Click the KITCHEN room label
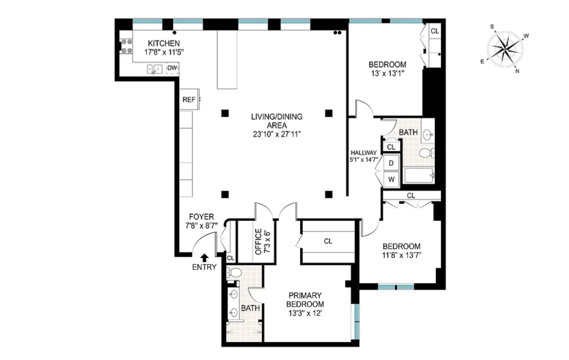click(164, 43)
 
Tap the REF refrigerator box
click(189, 99)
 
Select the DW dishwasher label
click(172, 68)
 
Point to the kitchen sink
click(155, 69)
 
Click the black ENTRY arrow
click(205, 258)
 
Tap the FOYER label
click(202, 217)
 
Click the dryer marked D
click(391, 163)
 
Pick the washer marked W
click(391, 179)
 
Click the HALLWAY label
click(363, 153)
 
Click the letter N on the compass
click(517, 71)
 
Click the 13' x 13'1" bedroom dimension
click(388, 73)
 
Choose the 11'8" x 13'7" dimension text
click(402, 255)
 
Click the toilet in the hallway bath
click(427, 153)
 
